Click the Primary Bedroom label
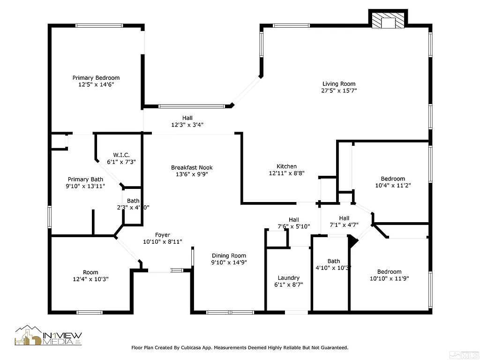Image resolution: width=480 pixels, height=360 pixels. (96, 78)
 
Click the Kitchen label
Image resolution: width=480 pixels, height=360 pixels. (286, 166)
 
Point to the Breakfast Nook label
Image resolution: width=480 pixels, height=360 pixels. (192, 168)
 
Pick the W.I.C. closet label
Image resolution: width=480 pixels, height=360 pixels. (121, 155)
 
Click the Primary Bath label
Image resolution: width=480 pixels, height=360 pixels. (85, 180)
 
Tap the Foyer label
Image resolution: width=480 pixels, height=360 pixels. (163, 235)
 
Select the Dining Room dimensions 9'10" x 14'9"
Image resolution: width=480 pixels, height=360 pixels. (228, 262)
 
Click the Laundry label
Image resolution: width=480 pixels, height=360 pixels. (288, 278)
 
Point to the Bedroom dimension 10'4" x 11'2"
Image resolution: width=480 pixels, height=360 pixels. (393, 185)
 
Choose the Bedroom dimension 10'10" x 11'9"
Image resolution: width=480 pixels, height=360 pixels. (390, 278)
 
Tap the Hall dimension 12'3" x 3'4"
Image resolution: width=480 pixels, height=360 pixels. (187, 125)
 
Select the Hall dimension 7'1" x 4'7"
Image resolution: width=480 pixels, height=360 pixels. (344, 225)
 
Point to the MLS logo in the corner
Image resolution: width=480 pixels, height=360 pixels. (467, 349)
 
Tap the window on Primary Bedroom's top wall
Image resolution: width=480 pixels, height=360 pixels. (99, 26)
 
